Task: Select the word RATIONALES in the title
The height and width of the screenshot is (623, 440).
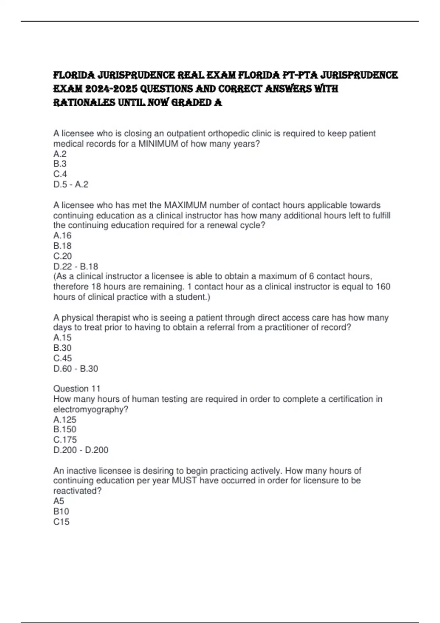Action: (84, 103)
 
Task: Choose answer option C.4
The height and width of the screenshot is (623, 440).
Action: (60, 174)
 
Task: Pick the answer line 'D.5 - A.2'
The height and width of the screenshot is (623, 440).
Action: (71, 184)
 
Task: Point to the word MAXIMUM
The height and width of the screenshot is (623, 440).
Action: (185, 205)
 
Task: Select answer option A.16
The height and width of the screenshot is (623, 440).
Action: (62, 236)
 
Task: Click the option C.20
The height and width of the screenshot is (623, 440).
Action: (63, 256)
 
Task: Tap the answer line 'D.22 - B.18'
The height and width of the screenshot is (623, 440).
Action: (76, 266)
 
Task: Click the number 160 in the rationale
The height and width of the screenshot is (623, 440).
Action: (383, 287)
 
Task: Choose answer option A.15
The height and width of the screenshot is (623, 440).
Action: (62, 338)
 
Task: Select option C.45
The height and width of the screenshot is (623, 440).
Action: (63, 358)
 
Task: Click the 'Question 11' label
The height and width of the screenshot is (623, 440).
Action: (77, 388)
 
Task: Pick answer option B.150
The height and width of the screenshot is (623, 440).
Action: (65, 430)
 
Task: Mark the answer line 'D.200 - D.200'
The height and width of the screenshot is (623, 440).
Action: (81, 450)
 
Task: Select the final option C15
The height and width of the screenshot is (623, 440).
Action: (61, 522)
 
